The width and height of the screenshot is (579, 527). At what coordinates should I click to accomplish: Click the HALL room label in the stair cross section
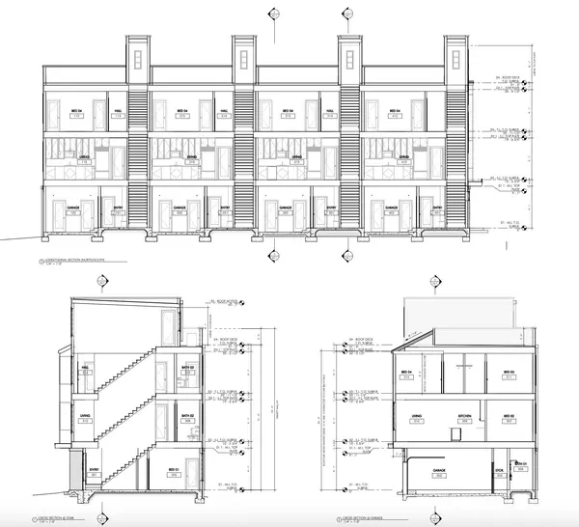coord(87,369)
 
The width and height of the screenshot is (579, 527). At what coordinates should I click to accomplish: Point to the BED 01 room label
coord(172,470)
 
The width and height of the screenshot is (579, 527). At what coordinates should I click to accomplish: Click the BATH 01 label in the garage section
coord(521,464)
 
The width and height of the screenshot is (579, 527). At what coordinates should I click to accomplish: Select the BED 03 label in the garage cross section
coord(506,371)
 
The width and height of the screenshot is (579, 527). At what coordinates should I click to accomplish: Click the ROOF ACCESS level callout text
coord(224,302)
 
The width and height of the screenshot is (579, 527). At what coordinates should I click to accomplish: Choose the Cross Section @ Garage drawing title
coord(361,518)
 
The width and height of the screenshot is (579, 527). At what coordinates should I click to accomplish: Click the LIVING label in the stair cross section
coord(85,416)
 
